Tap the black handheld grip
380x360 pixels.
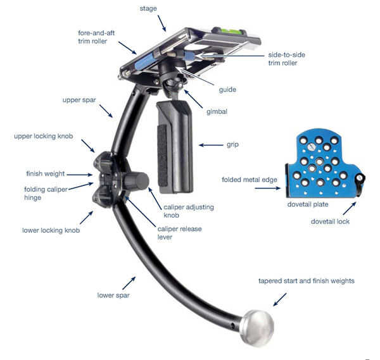[175, 147]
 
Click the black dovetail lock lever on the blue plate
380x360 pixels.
[360, 180]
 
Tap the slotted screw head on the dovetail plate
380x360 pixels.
[311, 147]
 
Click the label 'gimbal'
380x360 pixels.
[217, 111]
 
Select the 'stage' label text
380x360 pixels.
[148, 9]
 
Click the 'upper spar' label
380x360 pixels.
[79, 100]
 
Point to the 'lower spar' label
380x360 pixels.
[113, 295]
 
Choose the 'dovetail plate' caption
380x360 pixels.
[308, 204]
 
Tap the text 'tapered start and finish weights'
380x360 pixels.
[307, 281]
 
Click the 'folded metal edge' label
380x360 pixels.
[250, 180]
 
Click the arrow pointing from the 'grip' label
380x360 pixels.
[211, 145]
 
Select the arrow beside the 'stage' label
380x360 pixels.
[162, 23]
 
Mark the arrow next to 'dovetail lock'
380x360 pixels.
[350, 208]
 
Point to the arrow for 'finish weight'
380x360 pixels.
[80, 175]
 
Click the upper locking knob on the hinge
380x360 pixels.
[102, 161]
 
